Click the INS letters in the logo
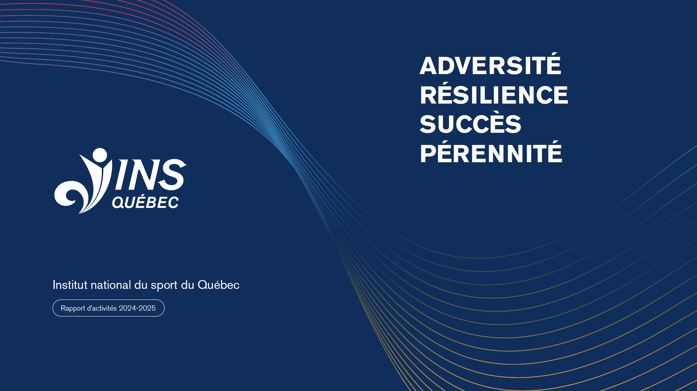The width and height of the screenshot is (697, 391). coord(149,174)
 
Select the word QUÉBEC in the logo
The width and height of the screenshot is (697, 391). coord(145,202)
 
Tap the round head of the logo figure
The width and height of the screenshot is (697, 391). coord(100,155)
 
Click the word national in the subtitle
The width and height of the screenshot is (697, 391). coord(111,285)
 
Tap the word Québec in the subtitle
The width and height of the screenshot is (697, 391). coord(219,285)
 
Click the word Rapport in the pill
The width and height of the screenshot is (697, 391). coord(73,309)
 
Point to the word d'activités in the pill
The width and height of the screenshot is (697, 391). coord(102,308)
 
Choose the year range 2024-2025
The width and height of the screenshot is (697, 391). coord(137,308)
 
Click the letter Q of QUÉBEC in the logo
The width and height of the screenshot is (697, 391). coord(118,203)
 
